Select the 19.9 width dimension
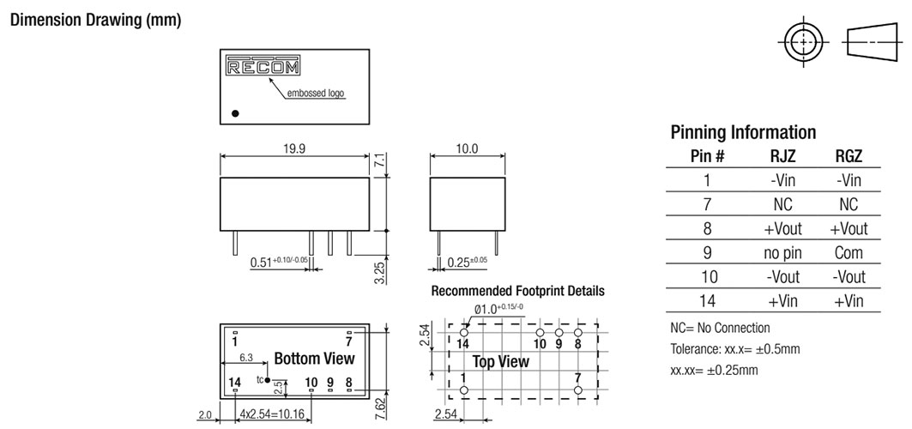pyautogui.click(x=295, y=148)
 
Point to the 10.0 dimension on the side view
pyautogui.click(x=467, y=148)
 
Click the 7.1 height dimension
pyautogui.click(x=384, y=160)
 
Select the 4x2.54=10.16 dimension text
pyautogui.click(x=274, y=414)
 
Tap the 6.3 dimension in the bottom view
pyautogui.click(x=245, y=358)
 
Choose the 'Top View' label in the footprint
pyautogui.click(x=501, y=361)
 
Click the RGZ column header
pyautogui.click(x=848, y=156)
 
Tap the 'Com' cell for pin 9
pyautogui.click(x=848, y=254)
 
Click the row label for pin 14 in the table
pyautogui.click(x=708, y=302)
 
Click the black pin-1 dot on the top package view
pyautogui.click(x=235, y=112)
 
